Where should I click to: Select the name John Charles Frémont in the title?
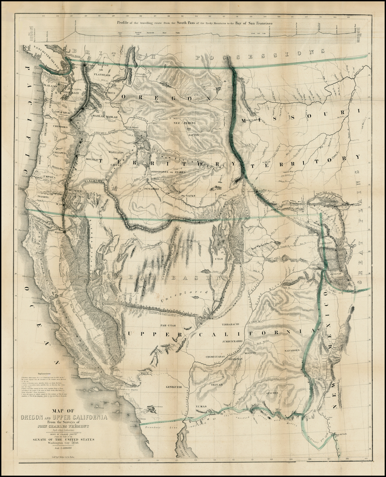click(x=64, y=427)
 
